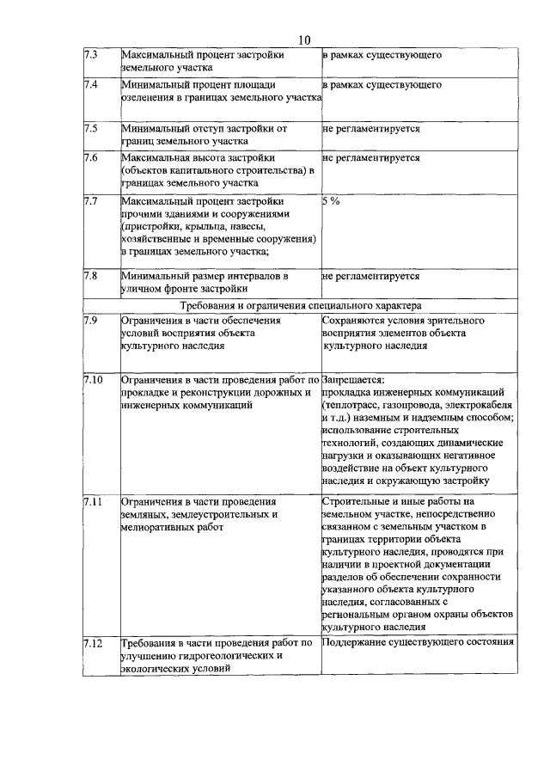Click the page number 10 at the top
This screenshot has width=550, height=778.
(304, 39)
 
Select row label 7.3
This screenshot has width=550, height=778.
(91, 55)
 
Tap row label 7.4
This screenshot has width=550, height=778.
(91, 86)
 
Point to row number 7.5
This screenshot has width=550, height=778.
(91, 128)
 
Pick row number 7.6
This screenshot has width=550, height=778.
(91, 158)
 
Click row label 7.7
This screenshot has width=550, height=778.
(91, 200)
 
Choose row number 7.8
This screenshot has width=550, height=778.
(91, 277)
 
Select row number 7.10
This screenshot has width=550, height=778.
(94, 379)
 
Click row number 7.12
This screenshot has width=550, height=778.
(94, 642)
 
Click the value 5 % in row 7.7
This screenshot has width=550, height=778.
(331, 200)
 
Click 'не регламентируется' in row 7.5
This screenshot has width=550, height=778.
(371, 128)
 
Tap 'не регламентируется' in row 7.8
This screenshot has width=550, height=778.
(371, 277)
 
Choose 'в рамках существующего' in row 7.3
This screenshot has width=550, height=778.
(382, 55)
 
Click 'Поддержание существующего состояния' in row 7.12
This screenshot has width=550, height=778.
(419, 642)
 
